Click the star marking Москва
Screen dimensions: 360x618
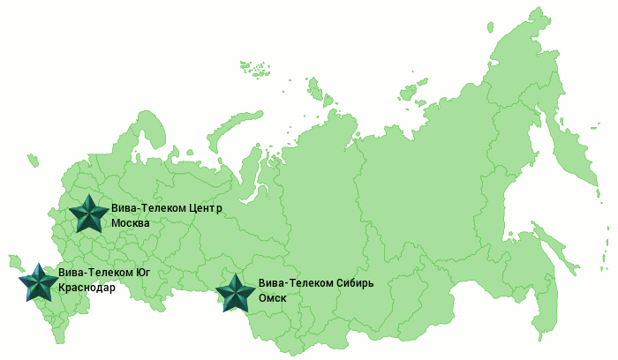88,214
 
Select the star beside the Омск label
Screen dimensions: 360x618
236,293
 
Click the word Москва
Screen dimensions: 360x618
131,222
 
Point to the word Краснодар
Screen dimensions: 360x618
87,288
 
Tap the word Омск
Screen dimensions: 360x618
272,298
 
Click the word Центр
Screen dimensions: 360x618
204,208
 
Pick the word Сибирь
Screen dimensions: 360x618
356,284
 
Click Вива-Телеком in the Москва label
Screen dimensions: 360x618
149,208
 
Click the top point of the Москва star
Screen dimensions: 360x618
88,195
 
